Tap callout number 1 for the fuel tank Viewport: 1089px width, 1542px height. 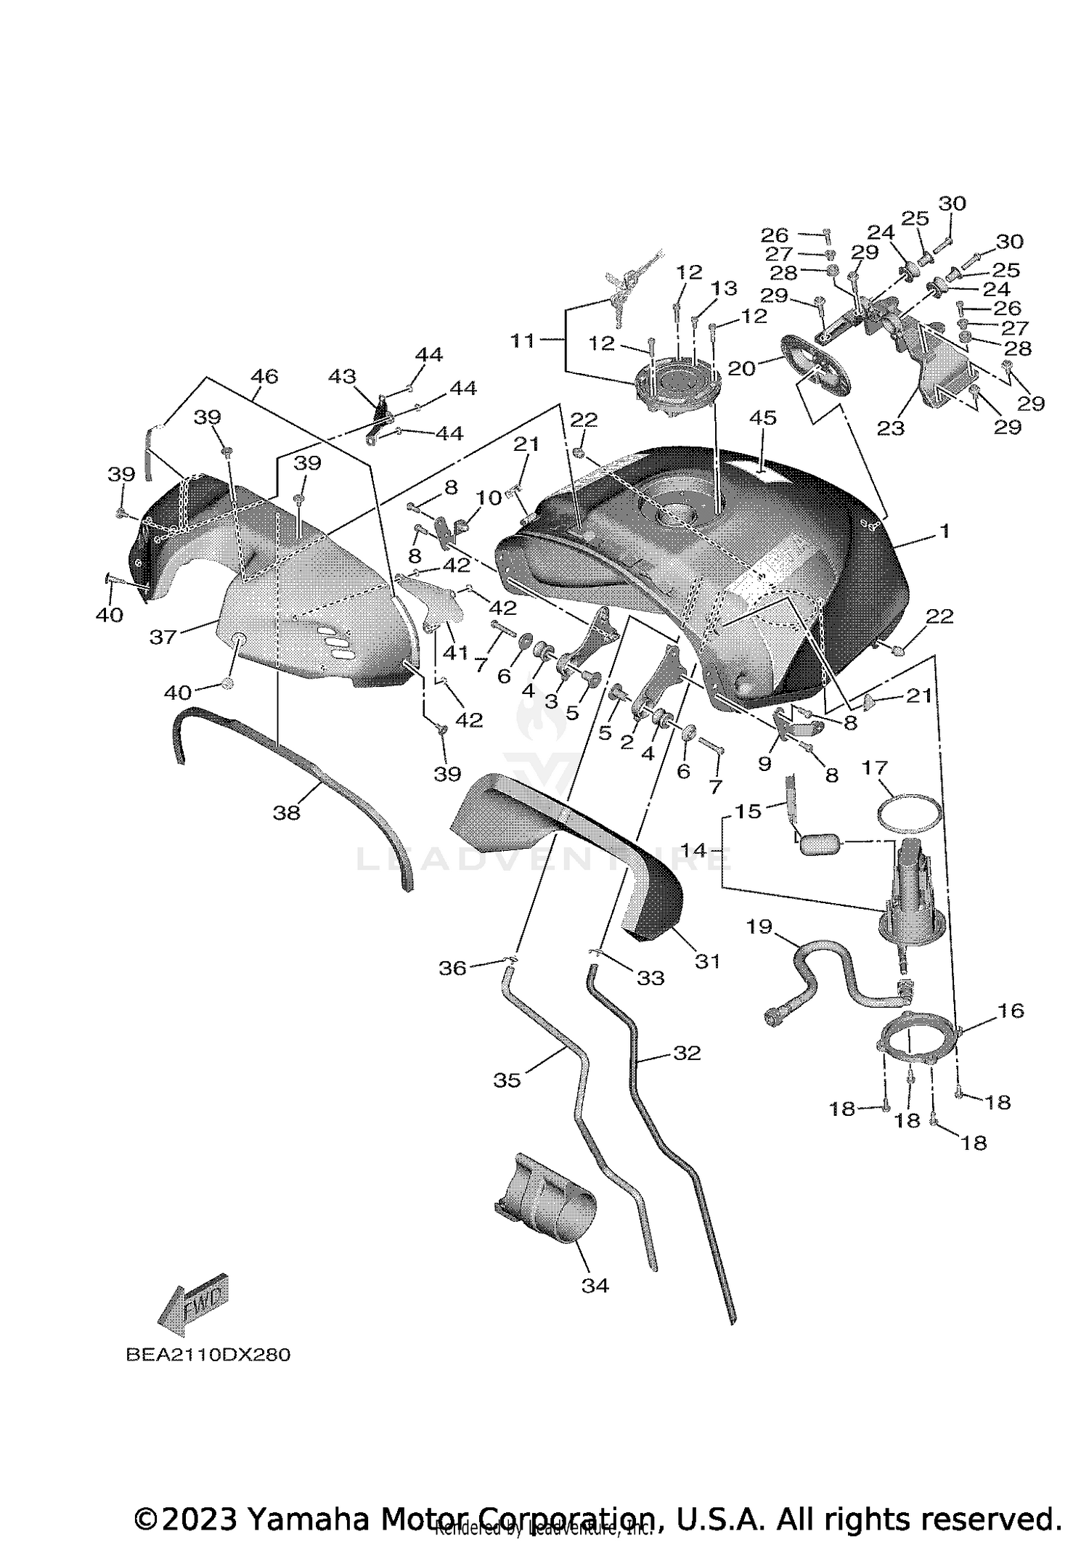[x=944, y=532]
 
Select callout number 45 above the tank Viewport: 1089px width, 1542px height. [x=763, y=418]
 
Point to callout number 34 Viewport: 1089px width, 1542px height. [x=595, y=1286]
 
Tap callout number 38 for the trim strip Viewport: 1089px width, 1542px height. [x=286, y=812]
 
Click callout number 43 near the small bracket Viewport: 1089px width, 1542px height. [x=342, y=377]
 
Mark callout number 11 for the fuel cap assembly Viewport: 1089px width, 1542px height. [x=523, y=340]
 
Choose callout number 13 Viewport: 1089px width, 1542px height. [x=724, y=289]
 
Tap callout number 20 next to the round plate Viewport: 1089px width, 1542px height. [x=741, y=368]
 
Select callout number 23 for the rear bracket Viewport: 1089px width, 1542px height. [x=891, y=428]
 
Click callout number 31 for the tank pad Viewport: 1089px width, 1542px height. [x=707, y=961]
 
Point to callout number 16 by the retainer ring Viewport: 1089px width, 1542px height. [x=1011, y=1011]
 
